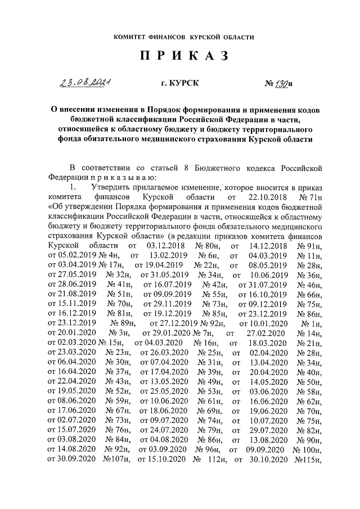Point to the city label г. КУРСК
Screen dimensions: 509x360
tap(180, 84)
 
